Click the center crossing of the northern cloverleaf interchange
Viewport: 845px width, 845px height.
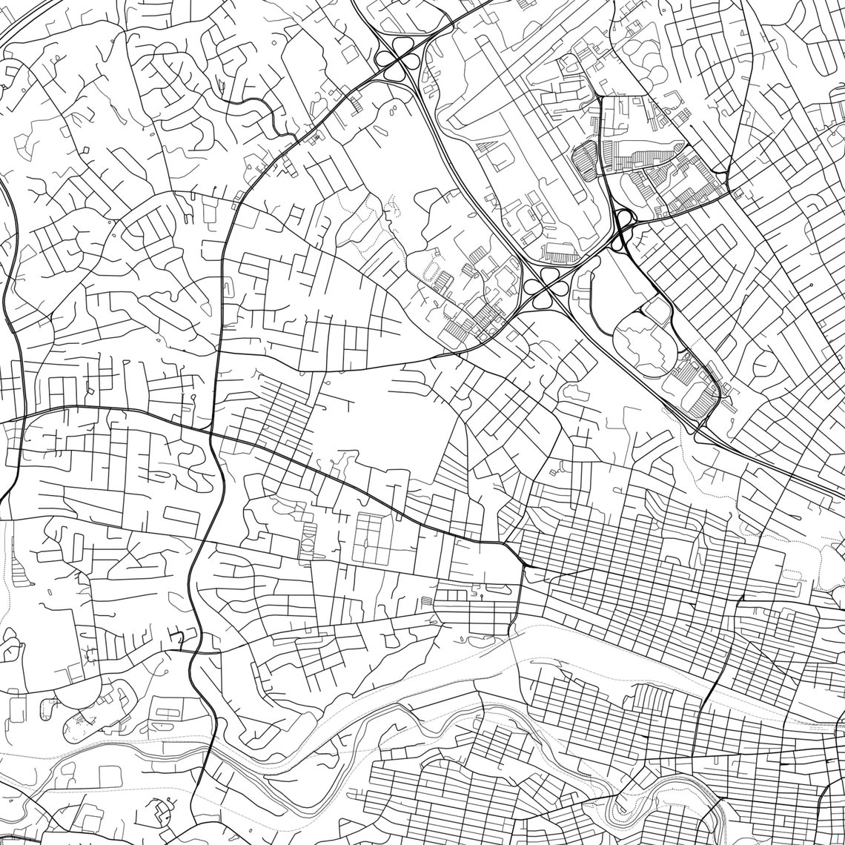pos(395,60)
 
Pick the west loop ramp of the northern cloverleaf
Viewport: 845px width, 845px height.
pos(385,59)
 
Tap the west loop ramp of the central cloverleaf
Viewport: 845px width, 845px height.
pos(533,286)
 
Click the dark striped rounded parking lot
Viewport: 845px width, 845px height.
pos(585,160)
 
